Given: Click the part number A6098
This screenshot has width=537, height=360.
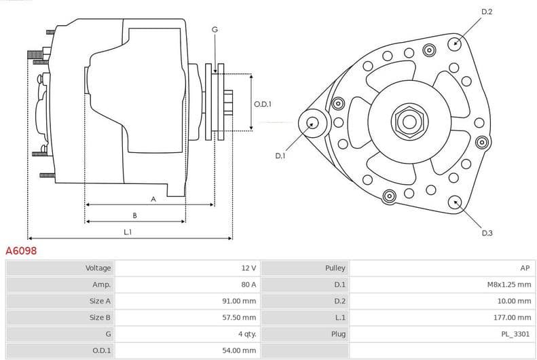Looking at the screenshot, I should pyautogui.click(x=21, y=251).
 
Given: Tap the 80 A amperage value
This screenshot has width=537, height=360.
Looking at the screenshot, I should pyautogui.click(x=248, y=285).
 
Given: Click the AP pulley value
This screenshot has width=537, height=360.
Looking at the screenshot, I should pyautogui.click(x=525, y=268).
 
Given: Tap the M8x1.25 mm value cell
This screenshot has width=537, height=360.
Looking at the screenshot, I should pyautogui.click(x=509, y=285).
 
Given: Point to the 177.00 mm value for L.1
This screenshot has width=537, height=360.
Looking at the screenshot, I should pyautogui.click(x=513, y=317).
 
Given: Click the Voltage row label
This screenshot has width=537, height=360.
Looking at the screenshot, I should pyautogui.click(x=98, y=268).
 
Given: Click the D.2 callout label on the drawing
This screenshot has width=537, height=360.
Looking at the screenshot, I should pyautogui.click(x=487, y=12).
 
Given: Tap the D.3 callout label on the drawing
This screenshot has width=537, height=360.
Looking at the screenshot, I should pyautogui.click(x=487, y=233).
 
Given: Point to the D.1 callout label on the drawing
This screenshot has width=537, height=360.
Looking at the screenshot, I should pyautogui.click(x=280, y=156).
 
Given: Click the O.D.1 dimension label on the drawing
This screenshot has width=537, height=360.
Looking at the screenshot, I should pyautogui.click(x=263, y=104).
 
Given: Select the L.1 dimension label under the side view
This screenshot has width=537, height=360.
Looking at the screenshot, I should pyautogui.click(x=127, y=232).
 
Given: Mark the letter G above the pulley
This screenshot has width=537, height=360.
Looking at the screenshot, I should pyautogui.click(x=215, y=30).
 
